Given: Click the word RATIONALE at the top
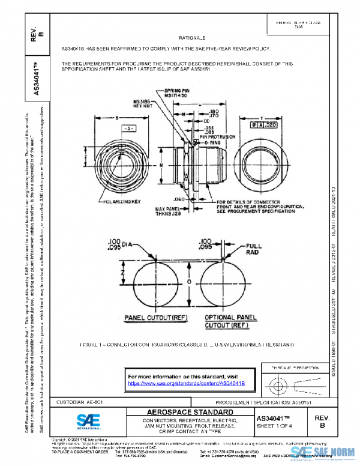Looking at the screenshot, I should click(191, 37).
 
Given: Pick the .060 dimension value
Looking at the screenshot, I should click(179, 198).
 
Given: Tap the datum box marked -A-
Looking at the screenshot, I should click(128, 129).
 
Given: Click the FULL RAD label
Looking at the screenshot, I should click(254, 249).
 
